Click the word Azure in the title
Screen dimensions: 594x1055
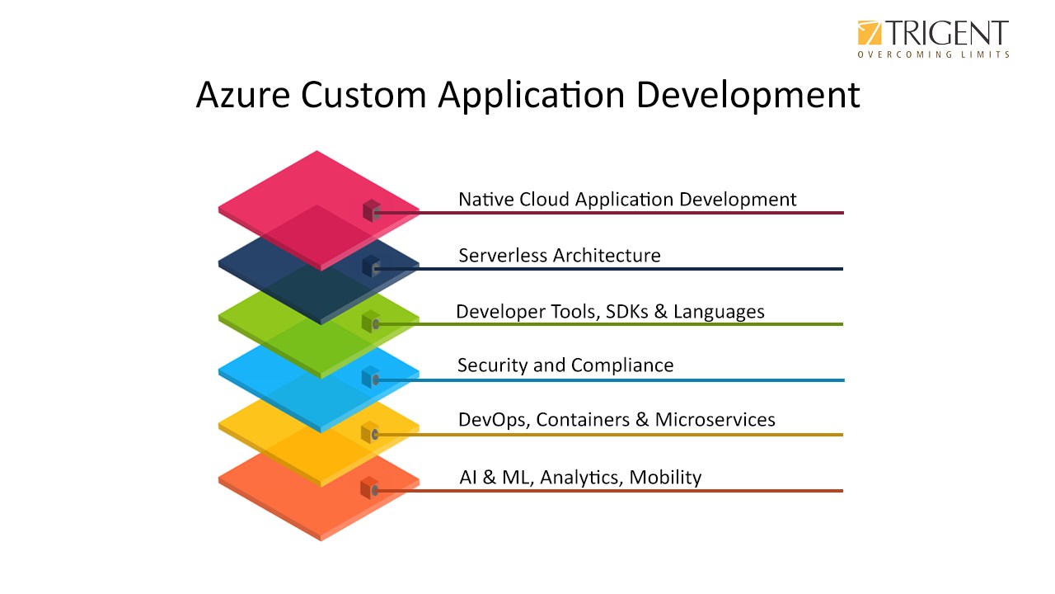point(242,95)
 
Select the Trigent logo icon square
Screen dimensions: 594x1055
point(869,33)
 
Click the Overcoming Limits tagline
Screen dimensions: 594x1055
point(933,54)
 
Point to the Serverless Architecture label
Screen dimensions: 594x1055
point(560,256)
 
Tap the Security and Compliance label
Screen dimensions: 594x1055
point(565,365)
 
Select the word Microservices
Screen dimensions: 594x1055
point(715,420)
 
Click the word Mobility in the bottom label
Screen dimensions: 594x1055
point(665,478)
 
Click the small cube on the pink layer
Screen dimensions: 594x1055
point(372,211)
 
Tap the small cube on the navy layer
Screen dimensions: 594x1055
point(371,266)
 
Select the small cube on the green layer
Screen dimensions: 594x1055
point(371,322)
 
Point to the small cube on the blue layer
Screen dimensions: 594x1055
point(371,377)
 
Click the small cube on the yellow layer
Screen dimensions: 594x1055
point(370,432)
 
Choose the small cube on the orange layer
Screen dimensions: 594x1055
point(370,488)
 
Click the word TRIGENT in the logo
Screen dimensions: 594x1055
point(947,33)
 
